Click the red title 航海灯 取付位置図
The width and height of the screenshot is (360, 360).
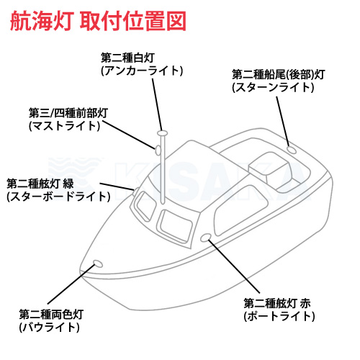[x=98, y=21]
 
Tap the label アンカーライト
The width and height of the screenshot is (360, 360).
[x=142, y=71]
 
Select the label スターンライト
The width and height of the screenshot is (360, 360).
[x=273, y=87]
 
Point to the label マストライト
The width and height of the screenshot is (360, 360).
[x=64, y=126]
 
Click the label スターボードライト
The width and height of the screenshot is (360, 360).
[x=58, y=197]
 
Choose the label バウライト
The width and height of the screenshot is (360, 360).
[x=49, y=327]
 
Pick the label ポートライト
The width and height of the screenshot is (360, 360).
[x=279, y=316]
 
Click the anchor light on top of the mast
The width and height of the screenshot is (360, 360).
[x=162, y=133]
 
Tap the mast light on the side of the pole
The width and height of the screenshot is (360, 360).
[x=158, y=150]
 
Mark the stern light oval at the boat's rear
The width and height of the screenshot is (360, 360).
[x=292, y=150]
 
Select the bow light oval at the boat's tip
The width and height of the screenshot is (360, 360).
[x=98, y=264]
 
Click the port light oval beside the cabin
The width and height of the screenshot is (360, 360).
[x=206, y=238]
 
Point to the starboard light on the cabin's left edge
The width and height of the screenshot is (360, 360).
[x=135, y=192]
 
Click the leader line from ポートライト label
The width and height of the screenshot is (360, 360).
[x=234, y=266]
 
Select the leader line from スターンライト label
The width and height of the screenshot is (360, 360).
[x=283, y=122]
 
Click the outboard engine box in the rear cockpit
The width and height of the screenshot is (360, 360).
[x=270, y=171]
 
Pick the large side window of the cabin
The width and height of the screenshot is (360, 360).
[x=240, y=210]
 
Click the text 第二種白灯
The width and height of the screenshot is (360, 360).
[x=127, y=58]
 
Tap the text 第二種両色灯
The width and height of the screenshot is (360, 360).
[x=51, y=315]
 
